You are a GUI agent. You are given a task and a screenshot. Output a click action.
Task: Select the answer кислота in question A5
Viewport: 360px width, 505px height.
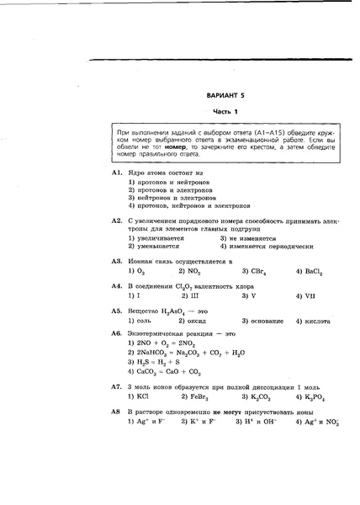[x=312, y=322]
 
